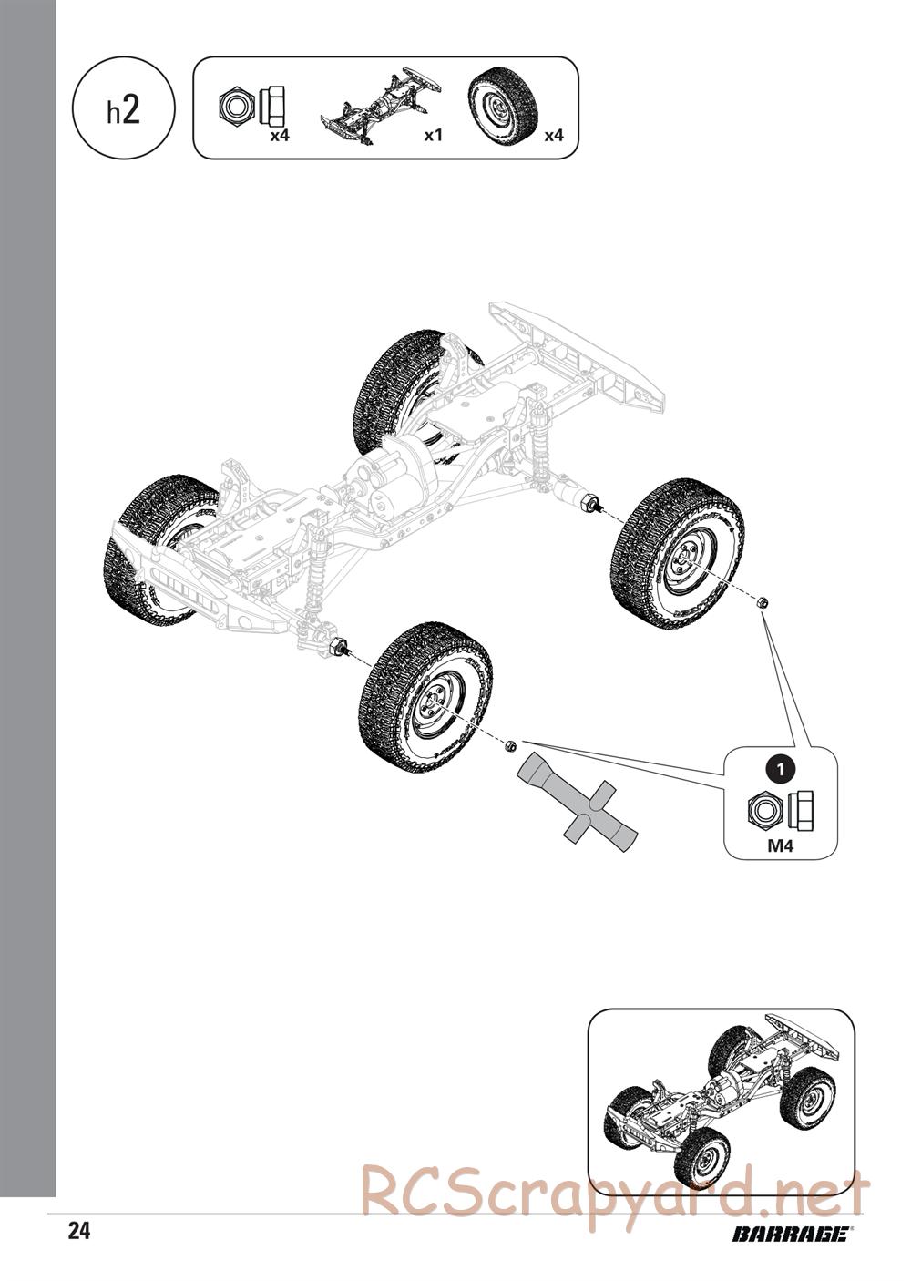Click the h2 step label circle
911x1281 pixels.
pyautogui.click(x=124, y=110)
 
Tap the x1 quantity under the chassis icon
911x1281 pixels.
pyautogui.click(x=434, y=136)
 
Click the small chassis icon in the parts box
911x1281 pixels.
pyautogui.click(x=381, y=102)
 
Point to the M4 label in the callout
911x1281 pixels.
pyautogui.click(x=780, y=845)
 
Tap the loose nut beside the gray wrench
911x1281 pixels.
pyautogui.click(x=511, y=745)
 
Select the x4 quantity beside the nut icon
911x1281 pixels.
pyautogui.click(x=280, y=136)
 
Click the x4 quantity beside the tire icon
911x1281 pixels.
pyautogui.click(x=554, y=136)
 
